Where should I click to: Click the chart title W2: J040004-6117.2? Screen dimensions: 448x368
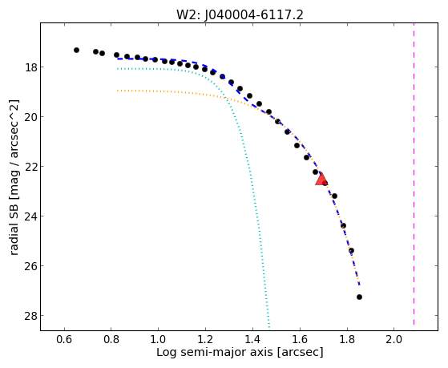240,15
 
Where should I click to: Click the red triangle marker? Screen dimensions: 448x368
321,180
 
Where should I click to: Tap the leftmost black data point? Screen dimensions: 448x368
76,50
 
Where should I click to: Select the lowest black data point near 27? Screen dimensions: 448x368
359,297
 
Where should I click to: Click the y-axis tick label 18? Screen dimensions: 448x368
30,67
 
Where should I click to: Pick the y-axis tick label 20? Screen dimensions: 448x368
30,117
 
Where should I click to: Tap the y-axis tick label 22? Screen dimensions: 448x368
30,167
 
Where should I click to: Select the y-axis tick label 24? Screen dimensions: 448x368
30,216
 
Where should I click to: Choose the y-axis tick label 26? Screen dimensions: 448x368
30,265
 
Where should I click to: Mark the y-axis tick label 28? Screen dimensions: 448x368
30,315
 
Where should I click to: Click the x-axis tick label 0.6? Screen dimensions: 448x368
64,340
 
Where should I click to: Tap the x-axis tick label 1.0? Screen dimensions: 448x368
159,340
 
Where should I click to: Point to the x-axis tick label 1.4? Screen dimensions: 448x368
252,340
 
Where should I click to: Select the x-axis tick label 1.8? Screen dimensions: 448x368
346,340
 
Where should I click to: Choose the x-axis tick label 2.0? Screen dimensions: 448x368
394,340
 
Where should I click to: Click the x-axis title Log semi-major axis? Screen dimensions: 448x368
215,352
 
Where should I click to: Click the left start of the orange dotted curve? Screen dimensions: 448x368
118,91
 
